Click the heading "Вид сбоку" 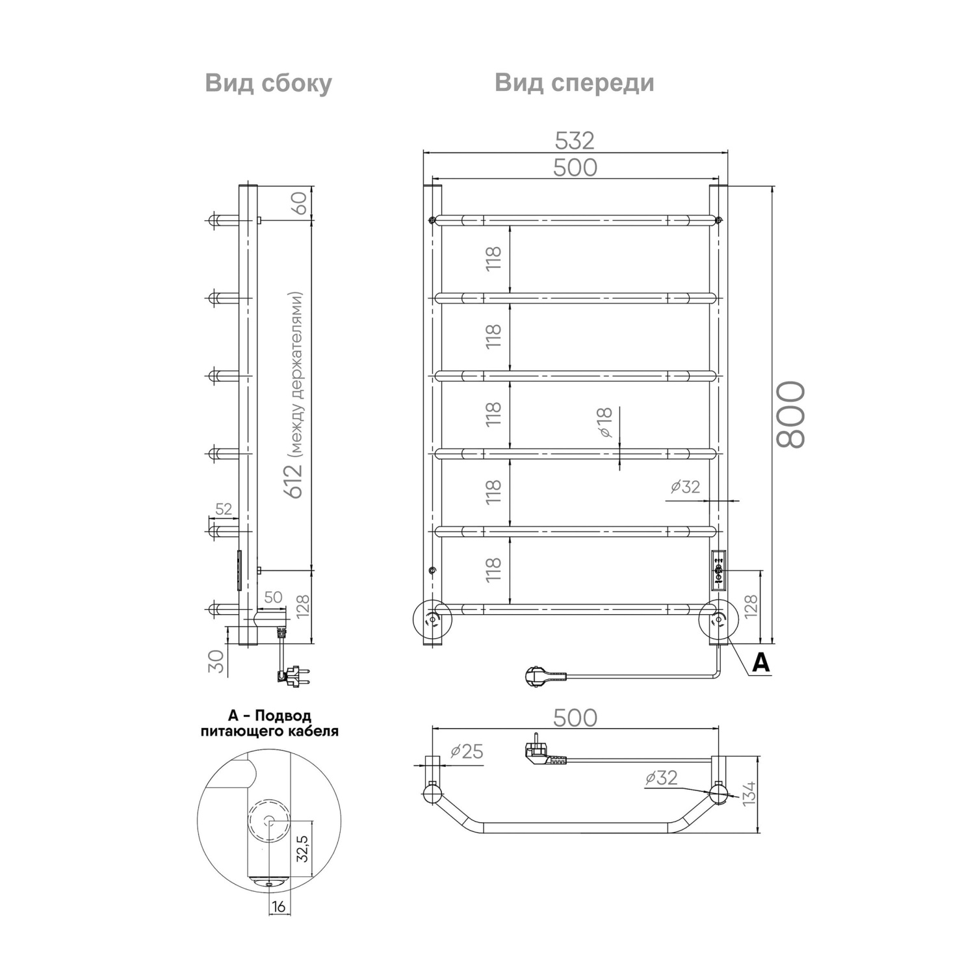coord(268,84)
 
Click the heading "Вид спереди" coord(575,83)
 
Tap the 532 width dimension coord(575,140)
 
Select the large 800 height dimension coord(790,415)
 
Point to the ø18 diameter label coord(605,422)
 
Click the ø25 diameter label coord(467,751)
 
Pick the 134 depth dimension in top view coord(749,793)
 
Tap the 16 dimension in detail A coord(278,906)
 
